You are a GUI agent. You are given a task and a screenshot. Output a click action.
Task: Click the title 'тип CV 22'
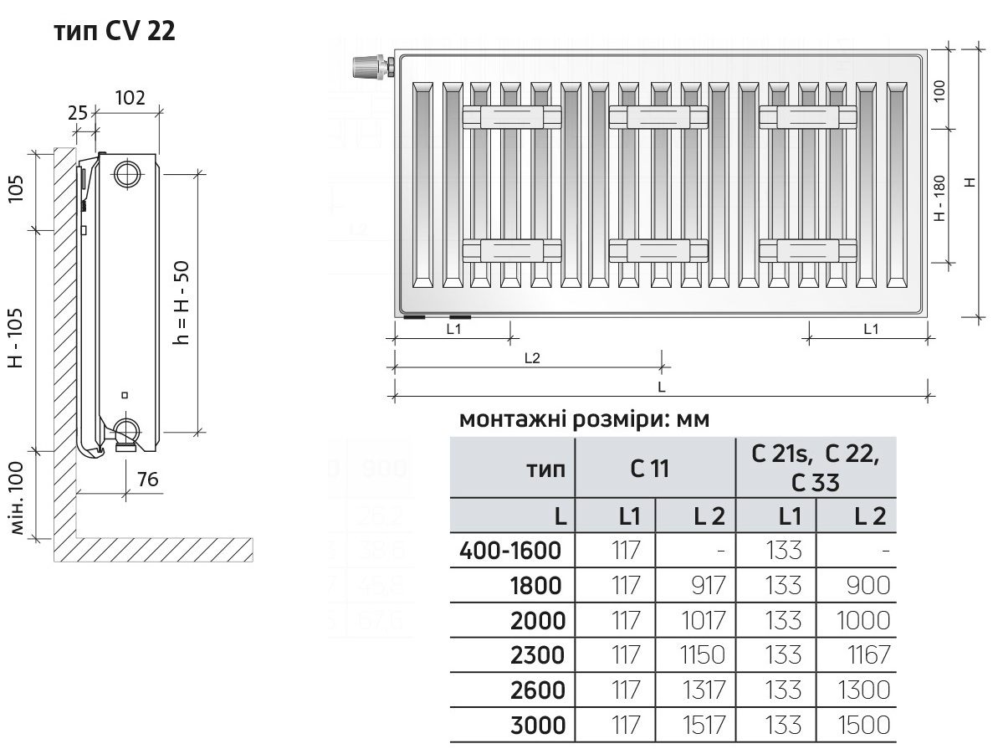pos(114,31)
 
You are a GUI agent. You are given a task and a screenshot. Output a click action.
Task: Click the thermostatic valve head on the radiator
pos(368,67)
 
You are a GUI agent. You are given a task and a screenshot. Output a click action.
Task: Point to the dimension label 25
pos(78,111)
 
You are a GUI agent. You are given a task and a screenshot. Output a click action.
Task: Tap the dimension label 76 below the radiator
pos(147,480)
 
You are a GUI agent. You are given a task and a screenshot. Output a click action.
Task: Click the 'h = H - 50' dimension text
pos(183,302)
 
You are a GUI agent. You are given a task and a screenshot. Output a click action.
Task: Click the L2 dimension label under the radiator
pos(532,357)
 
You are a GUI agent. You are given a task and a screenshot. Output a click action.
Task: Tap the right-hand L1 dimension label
pos(870,329)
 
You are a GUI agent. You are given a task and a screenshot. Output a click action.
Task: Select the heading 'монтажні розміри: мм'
pos(584,419)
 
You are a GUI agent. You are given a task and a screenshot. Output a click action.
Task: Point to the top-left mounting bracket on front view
pos(511,118)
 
